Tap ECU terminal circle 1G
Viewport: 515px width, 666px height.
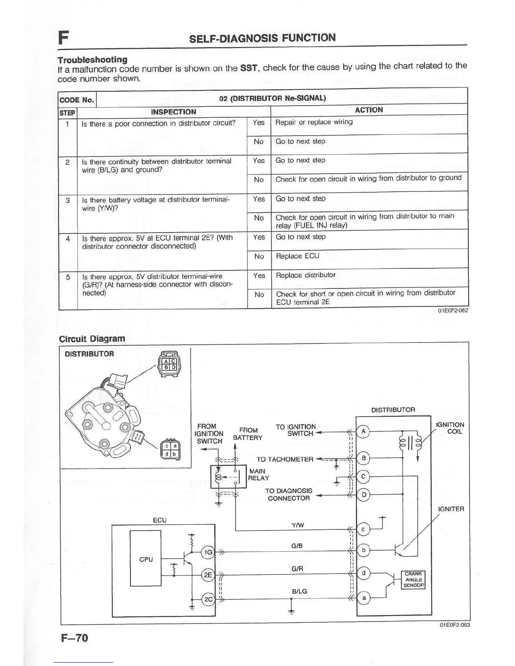click(208, 552)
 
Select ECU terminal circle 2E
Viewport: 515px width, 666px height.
click(208, 575)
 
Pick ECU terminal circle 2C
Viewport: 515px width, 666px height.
click(208, 600)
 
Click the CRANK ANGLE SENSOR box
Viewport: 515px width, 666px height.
click(414, 579)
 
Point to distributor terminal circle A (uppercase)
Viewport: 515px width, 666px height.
click(363, 432)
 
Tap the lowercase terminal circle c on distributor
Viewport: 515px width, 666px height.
click(363, 529)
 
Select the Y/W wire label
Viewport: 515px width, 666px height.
click(297, 525)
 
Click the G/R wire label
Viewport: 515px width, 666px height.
click(297, 568)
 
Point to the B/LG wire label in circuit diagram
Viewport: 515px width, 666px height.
click(299, 591)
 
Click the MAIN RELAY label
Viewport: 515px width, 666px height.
click(258, 474)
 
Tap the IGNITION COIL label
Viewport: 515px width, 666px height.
click(450, 428)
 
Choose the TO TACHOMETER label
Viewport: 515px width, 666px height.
click(285, 459)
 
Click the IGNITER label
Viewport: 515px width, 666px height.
click(451, 509)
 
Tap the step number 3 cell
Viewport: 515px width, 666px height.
click(68, 200)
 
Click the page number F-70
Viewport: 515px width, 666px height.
click(74, 638)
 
